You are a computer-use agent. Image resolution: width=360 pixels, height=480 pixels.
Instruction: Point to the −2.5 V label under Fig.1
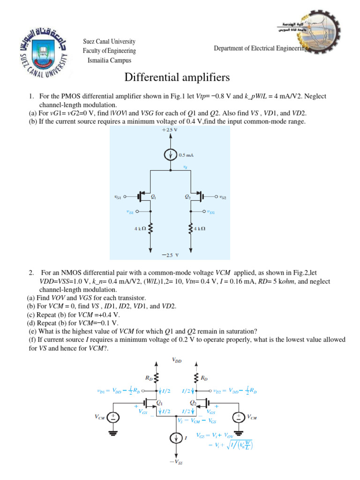click(x=170, y=256)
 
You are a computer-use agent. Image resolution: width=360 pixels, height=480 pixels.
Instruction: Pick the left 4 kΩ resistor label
click(x=139, y=229)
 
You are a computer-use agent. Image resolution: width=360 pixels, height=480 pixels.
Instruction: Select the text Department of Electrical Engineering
click(x=260, y=48)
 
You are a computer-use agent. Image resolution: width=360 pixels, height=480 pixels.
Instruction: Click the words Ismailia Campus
click(x=109, y=60)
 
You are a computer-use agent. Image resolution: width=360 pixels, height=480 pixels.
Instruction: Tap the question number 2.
click(x=30, y=272)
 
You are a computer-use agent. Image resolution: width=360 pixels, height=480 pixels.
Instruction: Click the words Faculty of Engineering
click(x=109, y=51)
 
